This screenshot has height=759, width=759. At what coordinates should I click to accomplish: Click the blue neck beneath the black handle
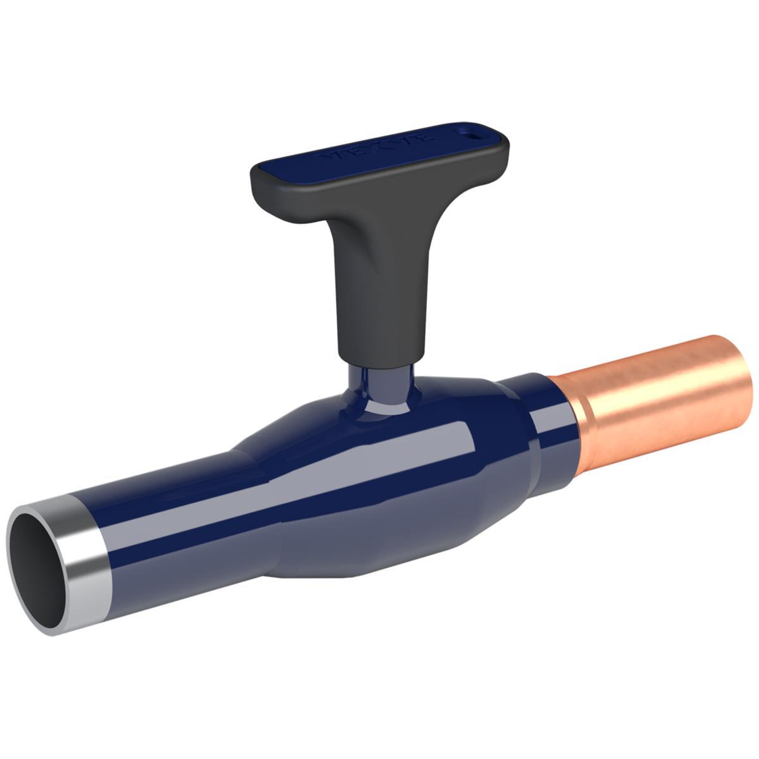[x=379, y=386]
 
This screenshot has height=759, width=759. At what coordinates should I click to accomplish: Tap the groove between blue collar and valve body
[x=530, y=443]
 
